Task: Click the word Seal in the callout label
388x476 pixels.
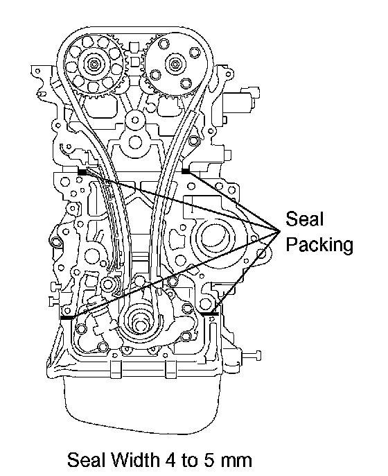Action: point(304,219)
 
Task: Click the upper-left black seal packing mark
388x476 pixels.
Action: point(82,172)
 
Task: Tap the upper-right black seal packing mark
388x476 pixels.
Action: point(186,171)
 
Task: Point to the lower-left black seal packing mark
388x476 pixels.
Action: point(67,318)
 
